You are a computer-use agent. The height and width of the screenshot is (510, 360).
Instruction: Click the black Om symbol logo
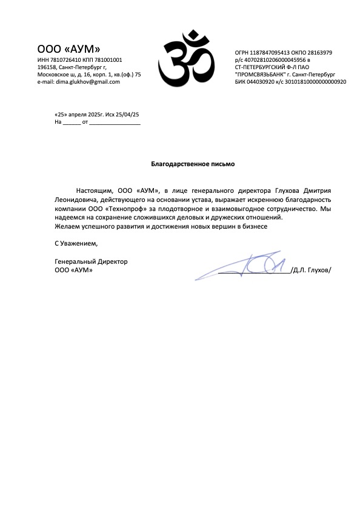(x=186, y=59)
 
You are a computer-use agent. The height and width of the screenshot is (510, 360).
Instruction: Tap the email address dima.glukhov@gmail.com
(x=87, y=82)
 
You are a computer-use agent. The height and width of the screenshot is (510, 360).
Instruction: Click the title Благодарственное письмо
(x=192, y=164)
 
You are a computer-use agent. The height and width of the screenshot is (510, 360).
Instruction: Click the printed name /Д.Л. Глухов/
(x=311, y=270)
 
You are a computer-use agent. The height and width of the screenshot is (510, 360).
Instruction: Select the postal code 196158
(x=47, y=67)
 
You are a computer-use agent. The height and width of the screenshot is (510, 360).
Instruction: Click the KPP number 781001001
(x=109, y=60)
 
